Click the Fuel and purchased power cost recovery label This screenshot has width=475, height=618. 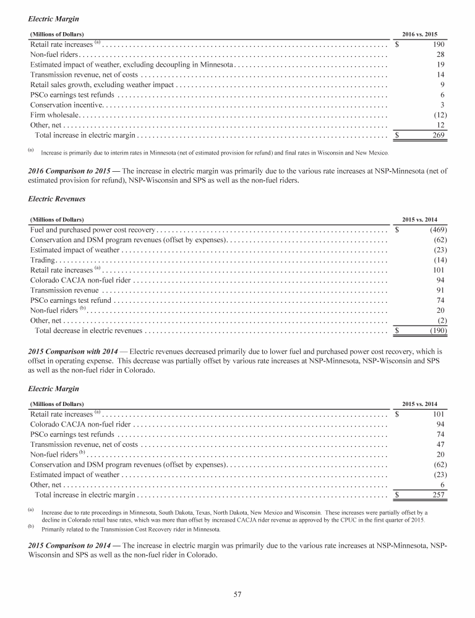pyautogui.click(x=93, y=230)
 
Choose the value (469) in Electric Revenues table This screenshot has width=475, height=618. pyautogui.click(x=434, y=230)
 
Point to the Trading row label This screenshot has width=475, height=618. pyautogui.click(x=43, y=260)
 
